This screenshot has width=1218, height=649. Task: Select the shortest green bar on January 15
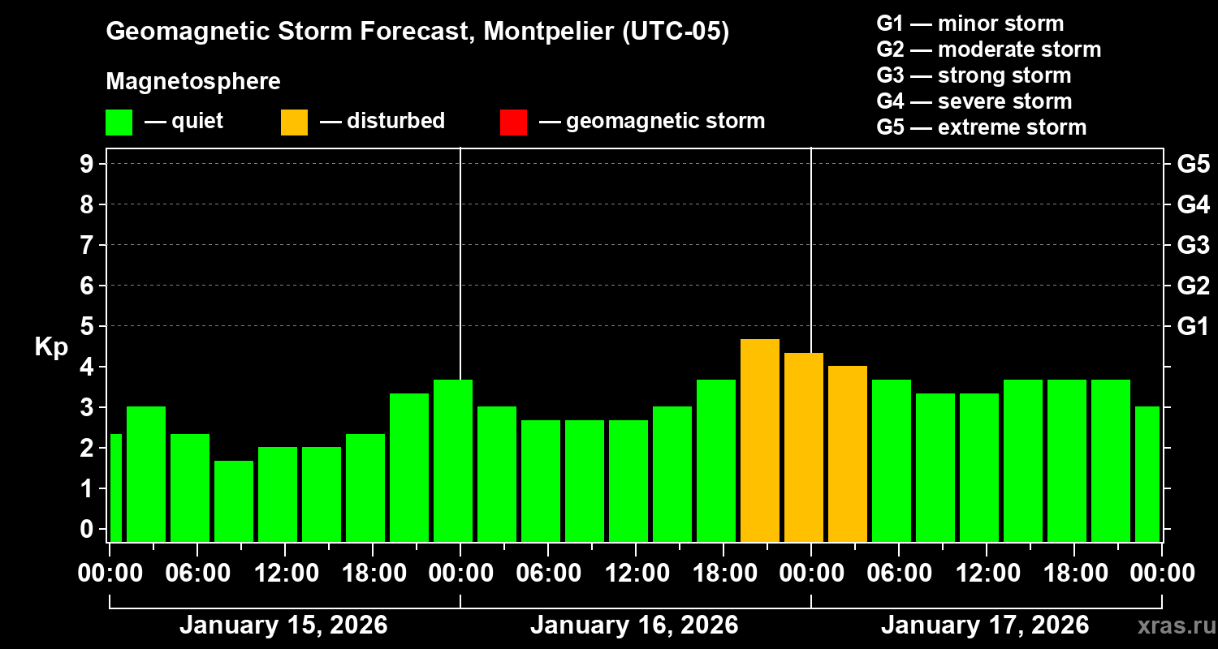(234, 501)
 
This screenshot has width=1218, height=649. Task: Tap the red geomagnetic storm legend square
(513, 122)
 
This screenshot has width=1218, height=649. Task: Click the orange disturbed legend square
(294, 122)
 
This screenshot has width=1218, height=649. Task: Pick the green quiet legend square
(119, 122)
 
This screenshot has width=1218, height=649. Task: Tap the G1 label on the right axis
(1193, 326)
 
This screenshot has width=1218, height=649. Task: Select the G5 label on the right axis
(1193, 164)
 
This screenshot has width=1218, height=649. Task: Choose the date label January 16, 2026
(634, 625)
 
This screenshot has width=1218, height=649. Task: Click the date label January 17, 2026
(985, 625)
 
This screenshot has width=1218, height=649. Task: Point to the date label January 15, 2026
(283, 625)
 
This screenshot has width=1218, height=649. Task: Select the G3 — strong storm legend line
(974, 75)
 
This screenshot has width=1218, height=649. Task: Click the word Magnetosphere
(193, 82)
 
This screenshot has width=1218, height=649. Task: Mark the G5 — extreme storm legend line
(981, 127)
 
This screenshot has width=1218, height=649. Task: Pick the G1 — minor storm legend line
(970, 24)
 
